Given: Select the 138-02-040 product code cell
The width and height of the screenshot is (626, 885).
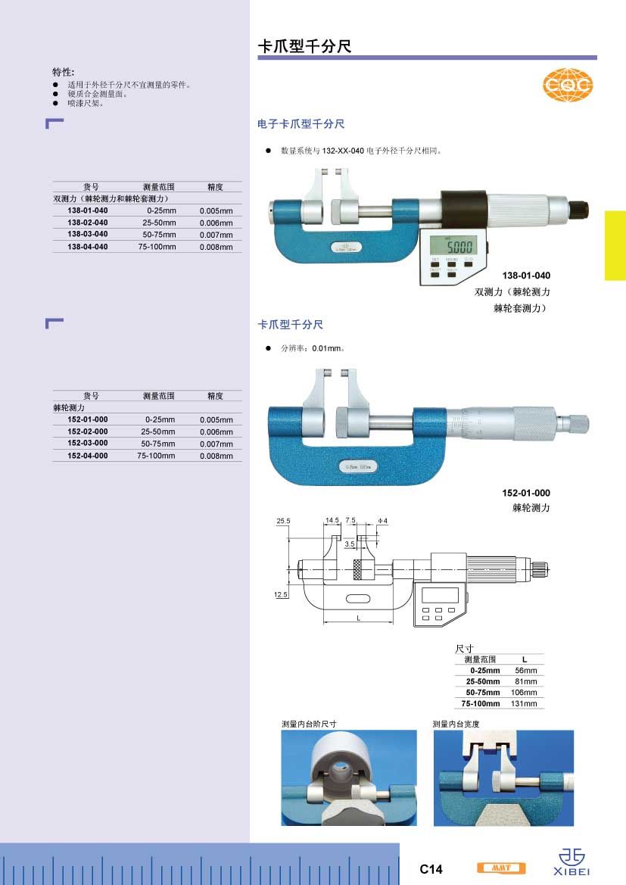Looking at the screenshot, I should pyautogui.click(x=88, y=223).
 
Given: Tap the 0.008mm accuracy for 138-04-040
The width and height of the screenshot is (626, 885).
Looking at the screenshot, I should pyautogui.click(x=216, y=247).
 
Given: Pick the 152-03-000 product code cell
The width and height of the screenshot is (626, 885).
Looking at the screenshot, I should pyautogui.click(x=88, y=443).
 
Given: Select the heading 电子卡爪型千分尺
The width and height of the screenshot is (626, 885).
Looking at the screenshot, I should pyautogui.click(x=301, y=123).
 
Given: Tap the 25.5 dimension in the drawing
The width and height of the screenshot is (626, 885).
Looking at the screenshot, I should pyautogui.click(x=284, y=522).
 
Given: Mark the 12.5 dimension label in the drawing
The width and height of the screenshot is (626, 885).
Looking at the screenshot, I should pyautogui.click(x=281, y=596).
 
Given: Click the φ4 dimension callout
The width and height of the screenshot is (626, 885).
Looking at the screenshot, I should pyautogui.click(x=382, y=522).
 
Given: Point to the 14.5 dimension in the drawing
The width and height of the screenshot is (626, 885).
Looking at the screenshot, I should pyautogui.click(x=332, y=521).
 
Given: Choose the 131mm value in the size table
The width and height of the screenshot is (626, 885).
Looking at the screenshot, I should pyautogui.click(x=525, y=703).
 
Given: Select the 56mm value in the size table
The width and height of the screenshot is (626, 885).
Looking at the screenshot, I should pyautogui.click(x=525, y=671).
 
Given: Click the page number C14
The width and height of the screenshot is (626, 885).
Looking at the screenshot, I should pyautogui.click(x=431, y=869).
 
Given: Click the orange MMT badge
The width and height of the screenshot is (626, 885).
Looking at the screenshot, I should pyautogui.click(x=501, y=868).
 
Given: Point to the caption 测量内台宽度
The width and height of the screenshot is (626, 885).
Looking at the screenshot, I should pyautogui.click(x=456, y=724).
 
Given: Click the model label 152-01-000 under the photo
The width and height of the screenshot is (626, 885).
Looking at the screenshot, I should pyautogui.click(x=526, y=493).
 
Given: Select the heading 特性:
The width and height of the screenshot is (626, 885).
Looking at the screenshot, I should pyautogui.click(x=64, y=72).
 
